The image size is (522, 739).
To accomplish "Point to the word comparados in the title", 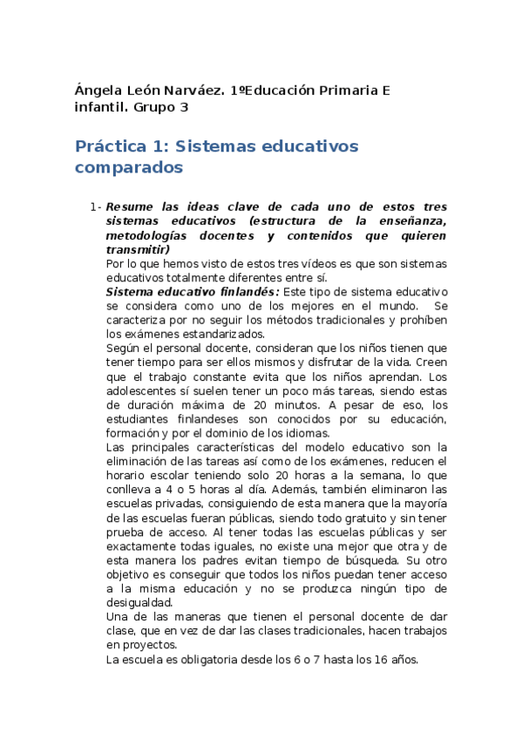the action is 129,166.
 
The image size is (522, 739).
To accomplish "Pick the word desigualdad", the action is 139,602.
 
